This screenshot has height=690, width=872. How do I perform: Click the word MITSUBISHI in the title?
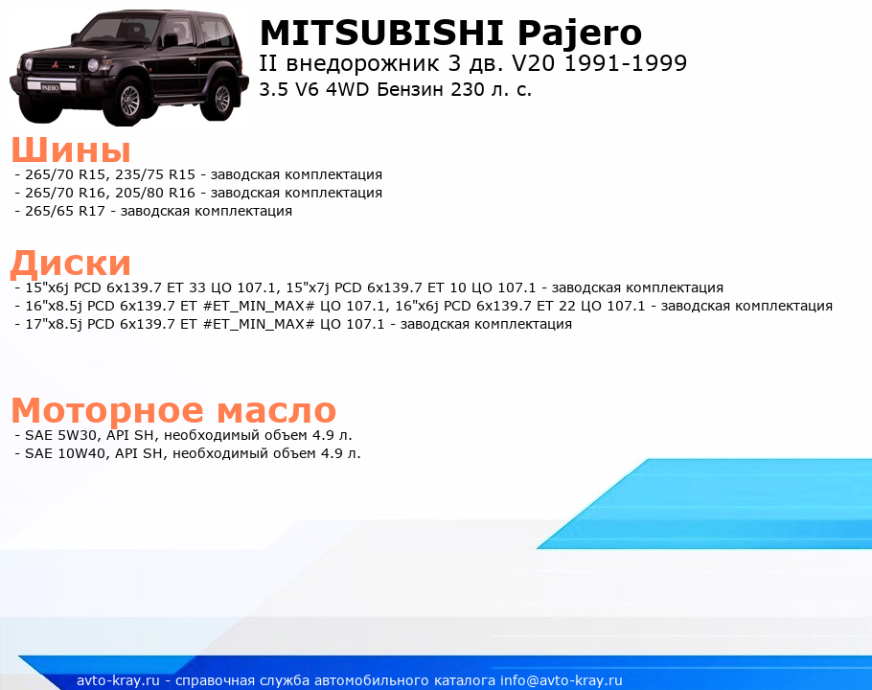[x=381, y=33]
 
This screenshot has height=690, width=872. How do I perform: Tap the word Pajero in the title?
[x=580, y=34]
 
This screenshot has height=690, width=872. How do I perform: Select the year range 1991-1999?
[x=626, y=63]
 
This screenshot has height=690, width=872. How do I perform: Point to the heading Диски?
[x=71, y=263]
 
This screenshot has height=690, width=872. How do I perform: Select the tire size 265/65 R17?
[x=65, y=211]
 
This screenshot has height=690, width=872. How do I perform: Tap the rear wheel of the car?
[x=221, y=98]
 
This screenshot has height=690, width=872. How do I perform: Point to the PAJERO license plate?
[x=50, y=87]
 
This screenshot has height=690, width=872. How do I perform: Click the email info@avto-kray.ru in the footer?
[x=562, y=680]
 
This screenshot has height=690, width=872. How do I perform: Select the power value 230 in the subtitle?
[x=468, y=89]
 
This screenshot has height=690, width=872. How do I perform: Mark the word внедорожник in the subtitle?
[x=362, y=64]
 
